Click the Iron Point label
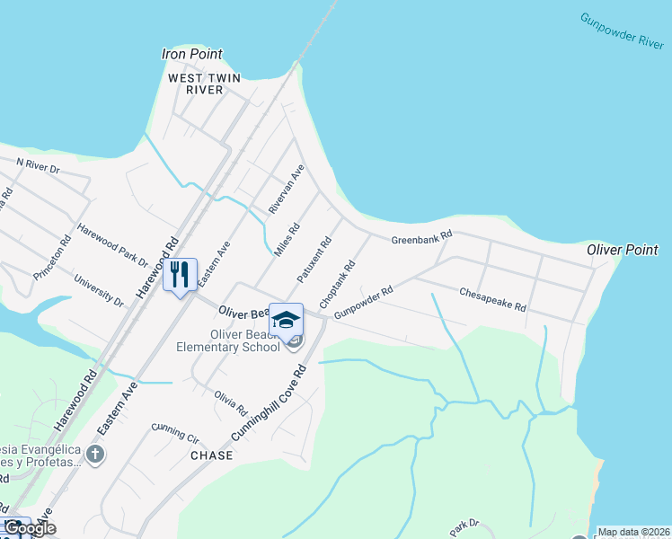(191, 54)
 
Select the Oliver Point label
(623, 250)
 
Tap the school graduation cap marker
(287, 321)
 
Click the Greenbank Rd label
(421, 236)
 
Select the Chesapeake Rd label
(491, 299)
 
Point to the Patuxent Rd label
(314, 257)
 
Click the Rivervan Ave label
(287, 189)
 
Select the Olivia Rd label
(231, 403)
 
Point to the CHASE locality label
(212, 455)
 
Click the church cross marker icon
(97, 455)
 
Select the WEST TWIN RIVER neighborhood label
(205, 84)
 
